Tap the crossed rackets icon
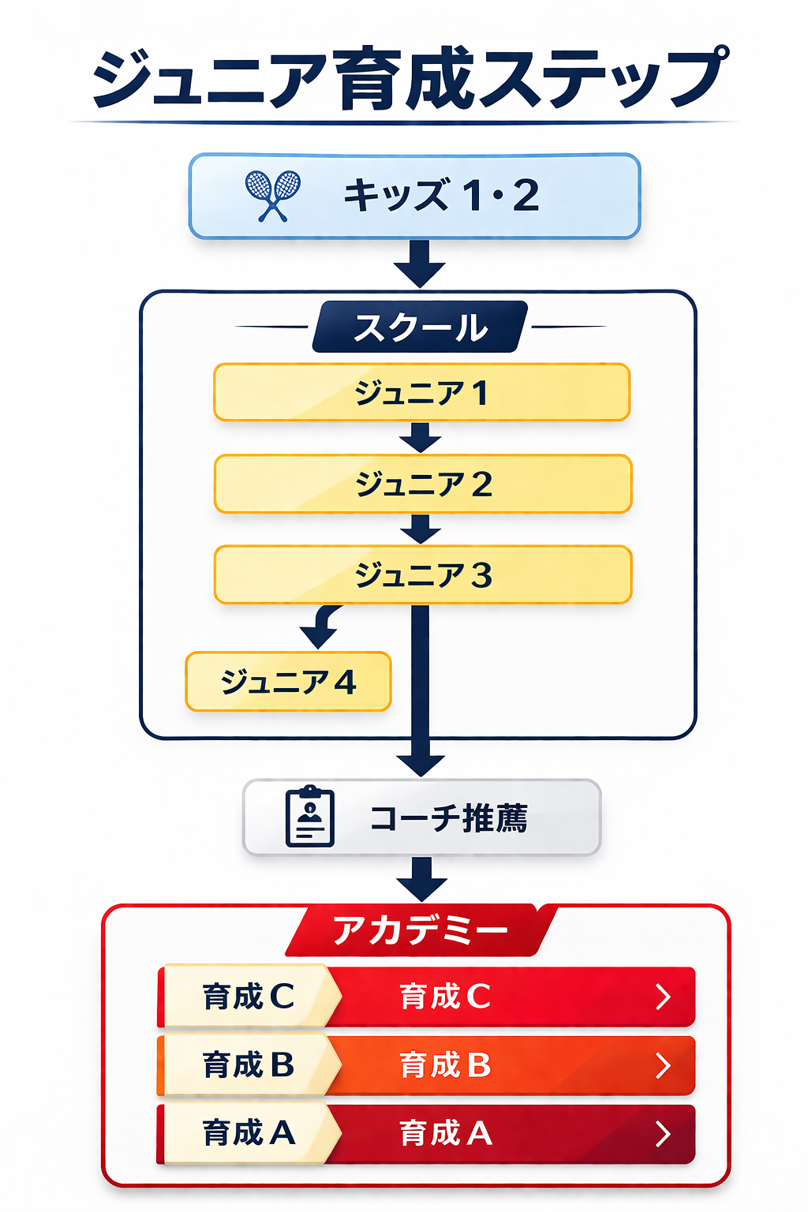pyautogui.click(x=272, y=196)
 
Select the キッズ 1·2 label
pyautogui.click(x=441, y=196)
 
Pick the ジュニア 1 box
pyautogui.click(x=421, y=392)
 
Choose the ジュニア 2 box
pyautogui.click(x=423, y=484)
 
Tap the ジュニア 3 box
pyautogui.click(x=423, y=575)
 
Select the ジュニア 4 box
pyautogui.click(x=288, y=682)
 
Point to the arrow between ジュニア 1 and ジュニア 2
pyautogui.click(x=421, y=438)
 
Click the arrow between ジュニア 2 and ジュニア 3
pyautogui.click(x=421, y=529)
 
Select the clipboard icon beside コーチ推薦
pyautogui.click(x=309, y=817)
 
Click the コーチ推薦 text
pyautogui.click(x=448, y=818)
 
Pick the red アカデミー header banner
pyautogui.click(x=421, y=930)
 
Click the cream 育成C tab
pyautogui.click(x=248, y=997)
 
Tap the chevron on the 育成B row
pyautogui.click(x=663, y=1065)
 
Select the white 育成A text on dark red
pyautogui.click(x=446, y=1134)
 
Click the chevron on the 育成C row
pyautogui.click(x=663, y=997)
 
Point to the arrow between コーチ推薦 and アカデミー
pyautogui.click(x=422, y=879)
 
